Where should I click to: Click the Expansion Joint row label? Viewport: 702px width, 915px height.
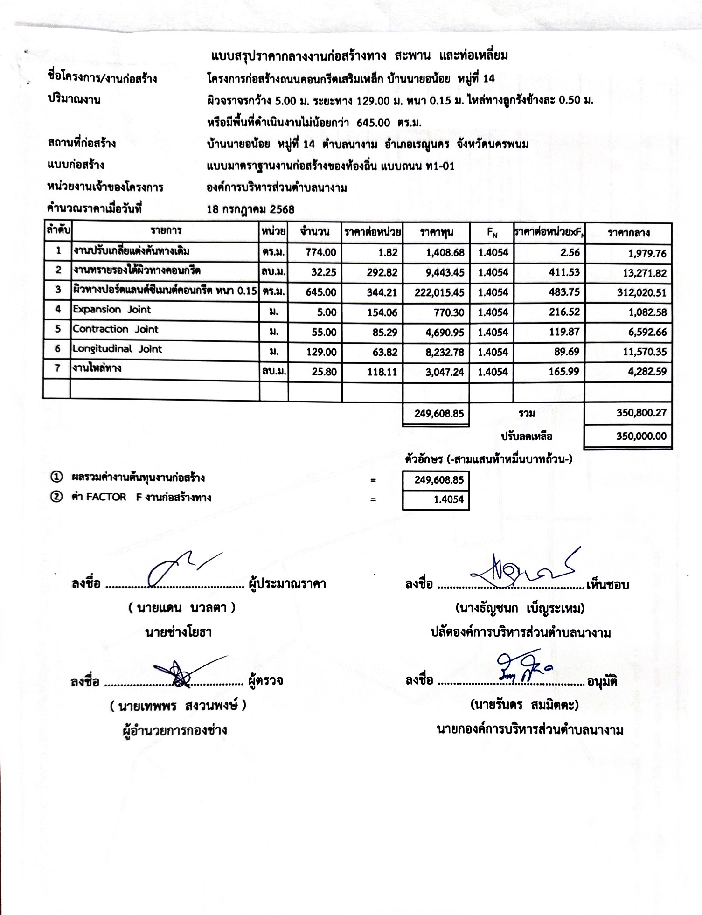click(112, 310)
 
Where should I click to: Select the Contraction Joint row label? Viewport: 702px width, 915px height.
click(116, 329)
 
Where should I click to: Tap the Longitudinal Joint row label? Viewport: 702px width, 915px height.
click(118, 349)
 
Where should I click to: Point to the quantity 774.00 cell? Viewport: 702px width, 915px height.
click(321, 253)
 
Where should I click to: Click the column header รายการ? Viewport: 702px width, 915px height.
click(166, 230)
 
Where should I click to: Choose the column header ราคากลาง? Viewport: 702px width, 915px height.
click(628, 233)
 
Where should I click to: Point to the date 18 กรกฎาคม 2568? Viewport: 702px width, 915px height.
click(250, 209)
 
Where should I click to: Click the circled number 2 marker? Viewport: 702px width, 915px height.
click(56, 497)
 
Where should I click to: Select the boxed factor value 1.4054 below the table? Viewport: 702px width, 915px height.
click(436, 500)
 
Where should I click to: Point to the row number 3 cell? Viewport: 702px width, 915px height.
click(58, 290)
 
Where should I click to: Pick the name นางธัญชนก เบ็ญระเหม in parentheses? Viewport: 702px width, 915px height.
click(520, 609)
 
